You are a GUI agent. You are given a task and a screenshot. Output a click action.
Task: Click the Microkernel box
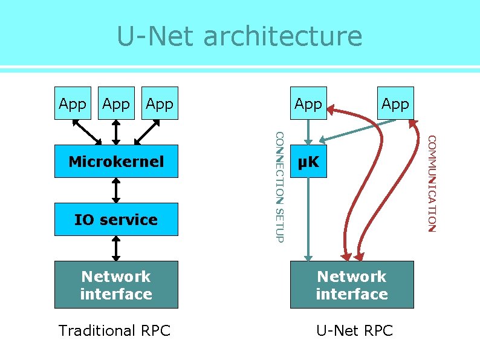tap(116, 161)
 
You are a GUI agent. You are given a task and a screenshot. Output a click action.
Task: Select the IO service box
tap(116, 220)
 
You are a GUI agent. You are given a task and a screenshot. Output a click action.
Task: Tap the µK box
tap(308, 161)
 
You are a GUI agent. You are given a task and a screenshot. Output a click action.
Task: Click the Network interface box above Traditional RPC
tap(116, 285)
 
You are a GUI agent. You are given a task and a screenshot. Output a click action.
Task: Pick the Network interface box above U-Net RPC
tap(352, 285)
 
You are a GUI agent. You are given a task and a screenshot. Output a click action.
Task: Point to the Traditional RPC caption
tap(115, 331)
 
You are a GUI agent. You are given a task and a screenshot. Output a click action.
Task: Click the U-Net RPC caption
tap(355, 331)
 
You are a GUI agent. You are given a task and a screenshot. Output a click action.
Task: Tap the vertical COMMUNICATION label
tap(431, 183)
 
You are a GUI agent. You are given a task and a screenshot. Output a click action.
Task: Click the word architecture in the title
tap(283, 36)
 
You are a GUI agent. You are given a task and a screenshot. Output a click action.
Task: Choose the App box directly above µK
tap(308, 103)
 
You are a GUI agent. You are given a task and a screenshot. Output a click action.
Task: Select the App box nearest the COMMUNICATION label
tap(395, 103)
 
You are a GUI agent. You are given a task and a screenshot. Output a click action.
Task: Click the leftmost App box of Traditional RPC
tap(73, 103)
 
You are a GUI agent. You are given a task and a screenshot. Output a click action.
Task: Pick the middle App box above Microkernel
tap(116, 103)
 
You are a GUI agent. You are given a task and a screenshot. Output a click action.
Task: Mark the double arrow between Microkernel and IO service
tap(116, 190)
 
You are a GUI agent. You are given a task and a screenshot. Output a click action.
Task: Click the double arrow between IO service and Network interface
tap(116, 248)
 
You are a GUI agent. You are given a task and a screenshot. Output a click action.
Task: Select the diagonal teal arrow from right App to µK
tap(357, 130)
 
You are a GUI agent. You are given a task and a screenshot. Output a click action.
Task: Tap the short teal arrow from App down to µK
tap(308, 132)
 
